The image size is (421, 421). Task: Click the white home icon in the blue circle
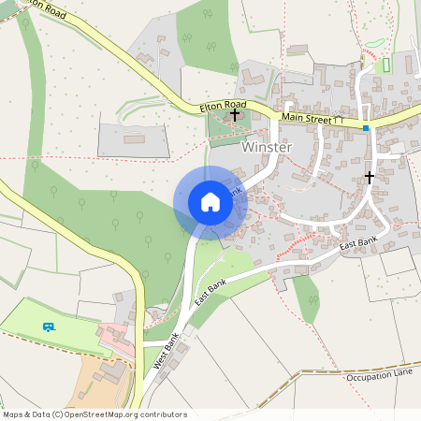click(210, 202)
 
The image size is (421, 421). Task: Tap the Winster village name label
click(268, 148)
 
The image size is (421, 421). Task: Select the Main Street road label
click(306, 118)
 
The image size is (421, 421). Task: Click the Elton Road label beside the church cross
click(222, 108)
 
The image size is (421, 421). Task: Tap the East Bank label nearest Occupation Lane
click(357, 245)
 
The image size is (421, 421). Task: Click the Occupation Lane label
click(379, 376)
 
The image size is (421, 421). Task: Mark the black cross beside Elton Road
click(234, 114)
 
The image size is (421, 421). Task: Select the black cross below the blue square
click(370, 176)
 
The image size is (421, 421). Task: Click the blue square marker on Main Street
click(367, 127)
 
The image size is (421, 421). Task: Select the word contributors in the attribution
click(164, 414)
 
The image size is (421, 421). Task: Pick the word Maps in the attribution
click(12, 414)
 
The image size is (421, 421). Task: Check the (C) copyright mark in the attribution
click(57, 414)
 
